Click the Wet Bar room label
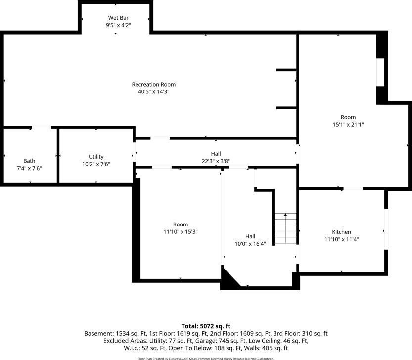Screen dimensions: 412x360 [118, 18]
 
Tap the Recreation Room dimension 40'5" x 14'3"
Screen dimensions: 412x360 [154, 91]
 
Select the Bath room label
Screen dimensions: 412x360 [29, 161]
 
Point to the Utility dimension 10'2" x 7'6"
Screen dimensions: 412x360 [96, 164]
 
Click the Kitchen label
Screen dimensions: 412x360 [342, 232]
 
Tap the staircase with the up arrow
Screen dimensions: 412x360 [285, 228]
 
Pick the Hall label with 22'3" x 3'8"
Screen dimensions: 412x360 [216, 154]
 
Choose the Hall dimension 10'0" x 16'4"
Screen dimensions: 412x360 [250, 244]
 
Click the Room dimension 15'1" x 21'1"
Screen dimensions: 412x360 [348, 125]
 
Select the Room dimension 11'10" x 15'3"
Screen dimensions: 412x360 [181, 232]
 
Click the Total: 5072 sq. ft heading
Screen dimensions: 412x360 [206, 326]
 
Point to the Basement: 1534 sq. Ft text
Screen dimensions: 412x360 [115, 334]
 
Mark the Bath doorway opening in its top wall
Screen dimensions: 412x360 [42, 128]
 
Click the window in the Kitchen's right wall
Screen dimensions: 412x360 [386, 229]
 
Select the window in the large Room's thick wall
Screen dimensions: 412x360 [380, 72]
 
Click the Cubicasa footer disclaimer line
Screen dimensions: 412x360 [206, 359]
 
